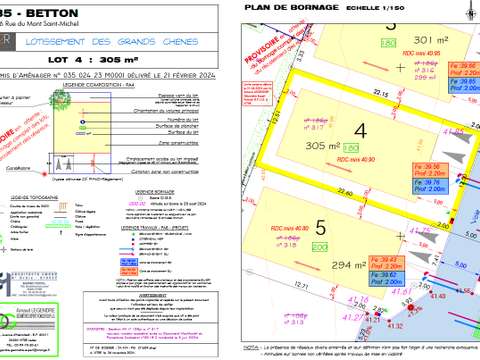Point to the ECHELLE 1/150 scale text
[345, 9]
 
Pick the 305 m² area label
[324, 146]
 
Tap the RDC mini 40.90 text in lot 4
[356, 159]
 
